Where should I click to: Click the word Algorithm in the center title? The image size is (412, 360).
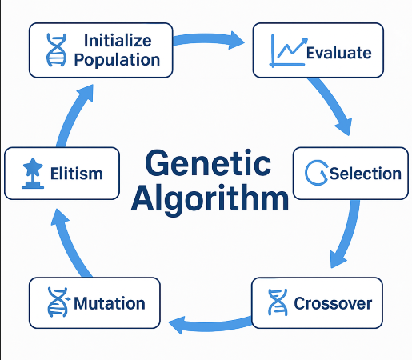[209, 198]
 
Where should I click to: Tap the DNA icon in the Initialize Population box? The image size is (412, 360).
[56, 50]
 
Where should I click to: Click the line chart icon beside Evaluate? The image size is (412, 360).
[285, 50]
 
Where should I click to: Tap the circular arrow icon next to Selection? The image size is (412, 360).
[317, 173]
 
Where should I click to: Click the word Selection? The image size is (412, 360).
[365, 174]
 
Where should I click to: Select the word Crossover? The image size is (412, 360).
[333, 304]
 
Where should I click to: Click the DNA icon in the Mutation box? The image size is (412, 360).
[58, 303]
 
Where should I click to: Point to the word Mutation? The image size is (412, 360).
[109, 304]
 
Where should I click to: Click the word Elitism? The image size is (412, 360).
[76, 173]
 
